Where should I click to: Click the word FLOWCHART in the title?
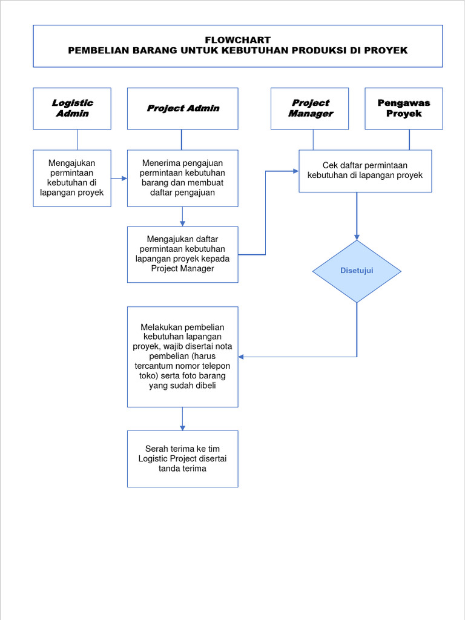pyautogui.click(x=237, y=40)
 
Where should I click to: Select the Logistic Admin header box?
pyautogui.click(x=72, y=108)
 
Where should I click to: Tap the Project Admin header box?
pyautogui.click(x=182, y=108)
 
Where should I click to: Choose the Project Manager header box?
pyautogui.click(x=309, y=108)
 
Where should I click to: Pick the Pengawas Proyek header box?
pyautogui.click(x=403, y=108)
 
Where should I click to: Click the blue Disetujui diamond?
pyautogui.click(x=357, y=271)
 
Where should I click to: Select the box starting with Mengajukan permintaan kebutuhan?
pyautogui.click(x=72, y=178)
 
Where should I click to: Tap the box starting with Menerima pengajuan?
pyautogui.click(x=182, y=178)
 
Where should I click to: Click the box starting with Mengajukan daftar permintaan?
pyautogui.click(x=182, y=254)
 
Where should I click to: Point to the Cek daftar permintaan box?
pyautogui.click(x=365, y=171)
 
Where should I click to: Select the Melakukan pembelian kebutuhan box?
pyautogui.click(x=182, y=357)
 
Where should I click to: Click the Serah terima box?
pyautogui.click(x=182, y=458)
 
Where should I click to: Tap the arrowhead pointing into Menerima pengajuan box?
pyautogui.click(x=124, y=178)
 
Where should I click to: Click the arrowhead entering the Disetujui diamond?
pyautogui.click(x=357, y=237)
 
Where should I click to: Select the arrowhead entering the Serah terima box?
pyautogui.click(x=182, y=427)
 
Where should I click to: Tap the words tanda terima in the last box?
pyautogui.click(x=182, y=468)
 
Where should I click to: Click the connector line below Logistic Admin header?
pyautogui.click(x=77, y=139)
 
